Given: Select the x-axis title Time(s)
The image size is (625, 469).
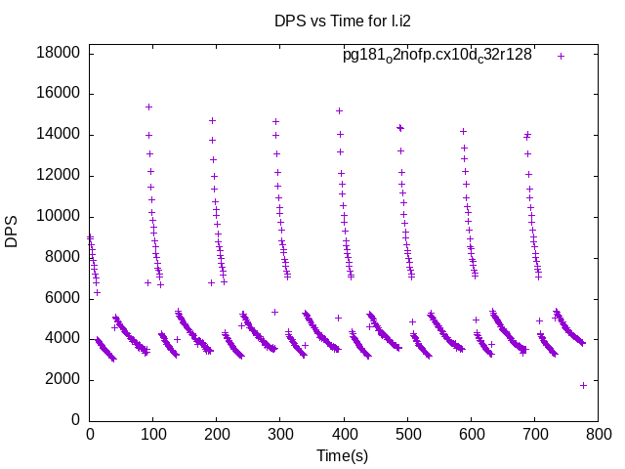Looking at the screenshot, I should pyautogui.click(x=343, y=455).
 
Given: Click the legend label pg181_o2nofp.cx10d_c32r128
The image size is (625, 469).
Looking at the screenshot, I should pyautogui.click(x=437, y=56).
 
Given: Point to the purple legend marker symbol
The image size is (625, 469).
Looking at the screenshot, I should pyautogui.click(x=561, y=56).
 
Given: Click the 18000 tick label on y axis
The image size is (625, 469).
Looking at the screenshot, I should pyautogui.click(x=59, y=53).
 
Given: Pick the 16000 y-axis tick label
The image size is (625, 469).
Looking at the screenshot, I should pyautogui.click(x=59, y=94).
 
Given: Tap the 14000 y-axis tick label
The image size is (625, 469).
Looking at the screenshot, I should pyautogui.click(x=59, y=135).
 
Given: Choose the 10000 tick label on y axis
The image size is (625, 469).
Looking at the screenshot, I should pyautogui.click(x=59, y=217).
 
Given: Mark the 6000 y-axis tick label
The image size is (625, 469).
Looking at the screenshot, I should pyautogui.click(x=62, y=298).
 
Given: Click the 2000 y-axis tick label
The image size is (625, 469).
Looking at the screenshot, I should pyautogui.click(x=62, y=380).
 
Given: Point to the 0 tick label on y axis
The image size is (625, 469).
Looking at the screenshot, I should pyautogui.click(x=75, y=420).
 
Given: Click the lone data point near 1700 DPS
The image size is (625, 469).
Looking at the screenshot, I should pyautogui.click(x=583, y=385).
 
